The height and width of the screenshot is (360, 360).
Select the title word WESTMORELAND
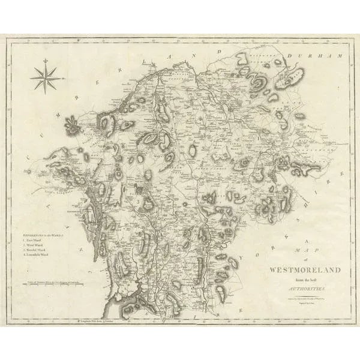(x=305, y=270)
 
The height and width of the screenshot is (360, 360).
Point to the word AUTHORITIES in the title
(x=306, y=289)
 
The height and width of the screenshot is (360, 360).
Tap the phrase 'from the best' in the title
(x=306, y=280)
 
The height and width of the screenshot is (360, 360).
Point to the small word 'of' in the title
(x=306, y=259)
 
